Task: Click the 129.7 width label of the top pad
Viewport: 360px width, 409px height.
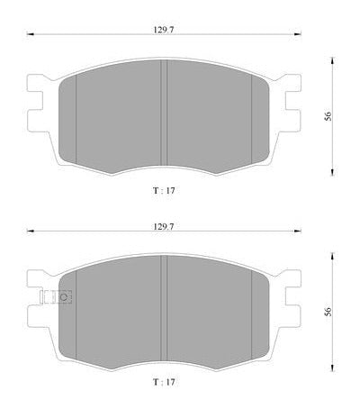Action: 164,30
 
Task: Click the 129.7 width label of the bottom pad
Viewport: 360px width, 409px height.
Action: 164,226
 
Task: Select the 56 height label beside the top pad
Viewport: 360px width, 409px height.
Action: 328,116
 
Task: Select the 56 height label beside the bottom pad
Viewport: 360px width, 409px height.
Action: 328,312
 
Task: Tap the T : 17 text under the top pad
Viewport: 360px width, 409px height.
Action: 164,190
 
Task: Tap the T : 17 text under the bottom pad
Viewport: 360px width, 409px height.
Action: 164,382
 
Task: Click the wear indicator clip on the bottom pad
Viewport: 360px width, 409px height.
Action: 56,297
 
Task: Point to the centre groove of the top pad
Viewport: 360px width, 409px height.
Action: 164,113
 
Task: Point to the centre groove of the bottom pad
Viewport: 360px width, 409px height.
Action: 164,308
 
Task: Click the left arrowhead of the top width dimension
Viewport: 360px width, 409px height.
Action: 30,34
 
